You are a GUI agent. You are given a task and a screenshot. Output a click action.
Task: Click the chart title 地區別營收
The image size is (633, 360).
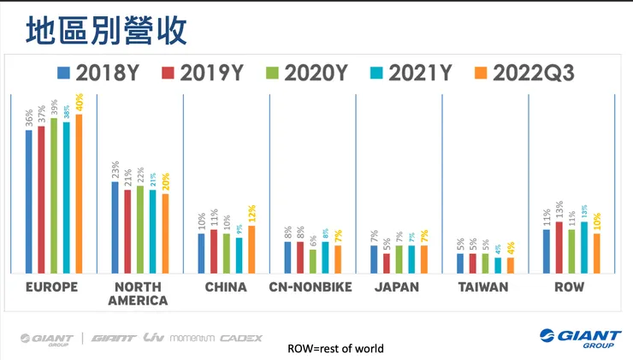tap(106, 30)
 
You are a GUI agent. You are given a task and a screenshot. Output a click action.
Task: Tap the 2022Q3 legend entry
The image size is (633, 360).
tap(523, 74)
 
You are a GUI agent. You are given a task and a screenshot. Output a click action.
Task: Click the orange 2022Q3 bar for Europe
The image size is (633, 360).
tap(79, 193)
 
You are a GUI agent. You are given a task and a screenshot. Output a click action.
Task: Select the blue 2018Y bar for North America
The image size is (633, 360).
tap(115, 227)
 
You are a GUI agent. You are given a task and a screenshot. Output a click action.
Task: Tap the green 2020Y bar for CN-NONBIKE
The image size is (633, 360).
tap(313, 261)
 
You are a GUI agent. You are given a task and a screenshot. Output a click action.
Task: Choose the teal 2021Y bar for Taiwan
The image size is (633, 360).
tap(498, 264)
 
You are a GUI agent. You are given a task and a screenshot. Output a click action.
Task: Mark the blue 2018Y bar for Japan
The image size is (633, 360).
tap(374, 259)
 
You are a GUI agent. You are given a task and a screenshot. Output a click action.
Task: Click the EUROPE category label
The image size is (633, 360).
tap(53, 286)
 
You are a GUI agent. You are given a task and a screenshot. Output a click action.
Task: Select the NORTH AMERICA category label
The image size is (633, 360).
tap(139, 293)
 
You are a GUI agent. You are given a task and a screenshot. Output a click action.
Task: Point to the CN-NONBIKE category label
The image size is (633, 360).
tap(310, 286)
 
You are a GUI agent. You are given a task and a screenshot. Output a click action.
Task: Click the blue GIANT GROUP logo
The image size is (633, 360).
tap(574, 339)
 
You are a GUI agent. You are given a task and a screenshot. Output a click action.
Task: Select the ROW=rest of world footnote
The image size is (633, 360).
tap(335, 349)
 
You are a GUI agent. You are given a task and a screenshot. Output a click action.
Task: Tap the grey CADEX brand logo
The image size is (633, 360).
tap(240, 339)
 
